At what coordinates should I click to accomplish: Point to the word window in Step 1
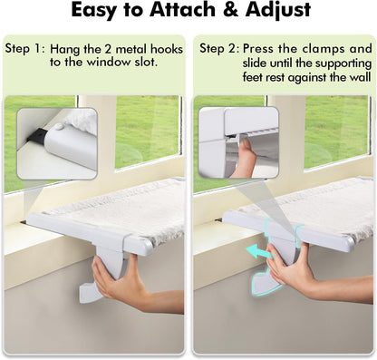111,63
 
